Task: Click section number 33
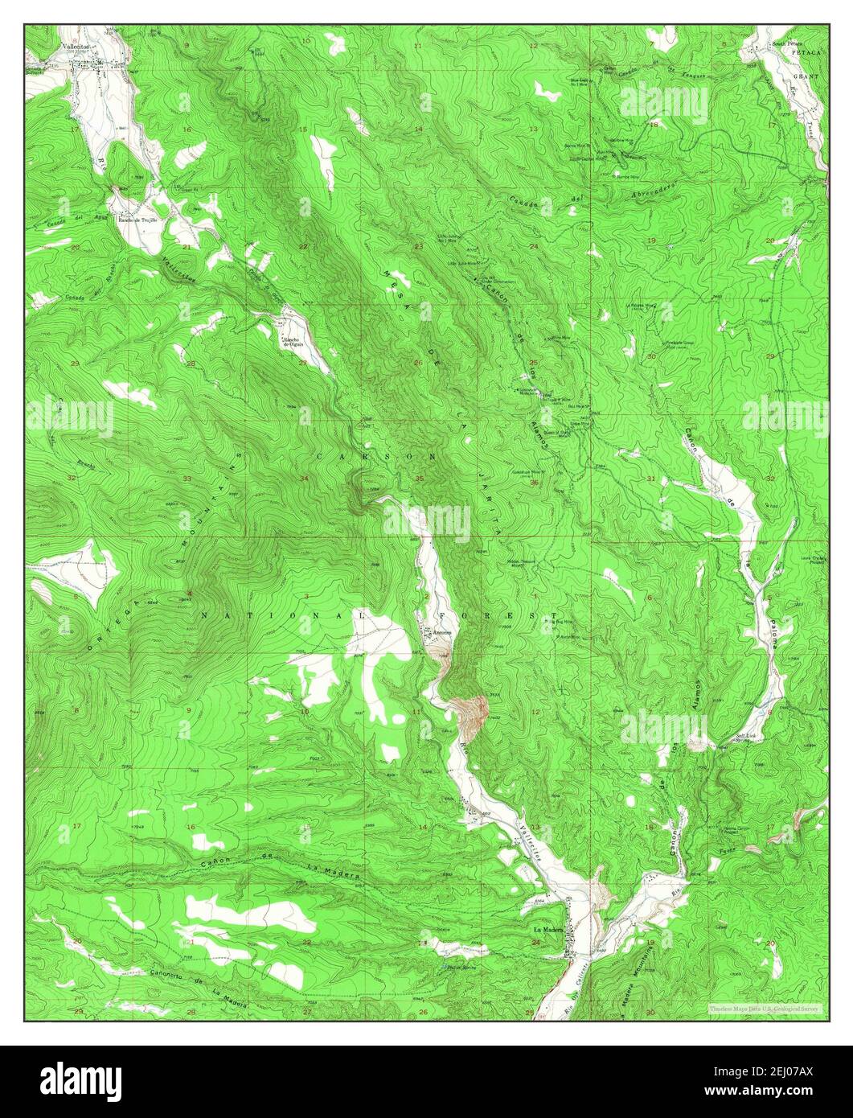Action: pos(187,479)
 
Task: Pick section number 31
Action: pos(650,479)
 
